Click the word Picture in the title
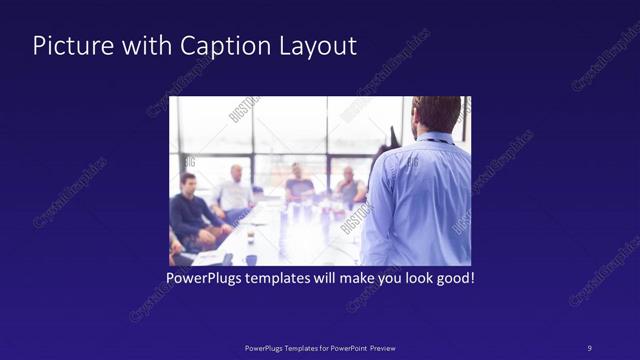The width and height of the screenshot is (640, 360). click(68, 46)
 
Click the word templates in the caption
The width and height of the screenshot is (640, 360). click(296, 277)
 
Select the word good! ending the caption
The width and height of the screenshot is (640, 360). click(453, 277)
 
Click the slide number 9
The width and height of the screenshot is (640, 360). click(589, 347)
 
